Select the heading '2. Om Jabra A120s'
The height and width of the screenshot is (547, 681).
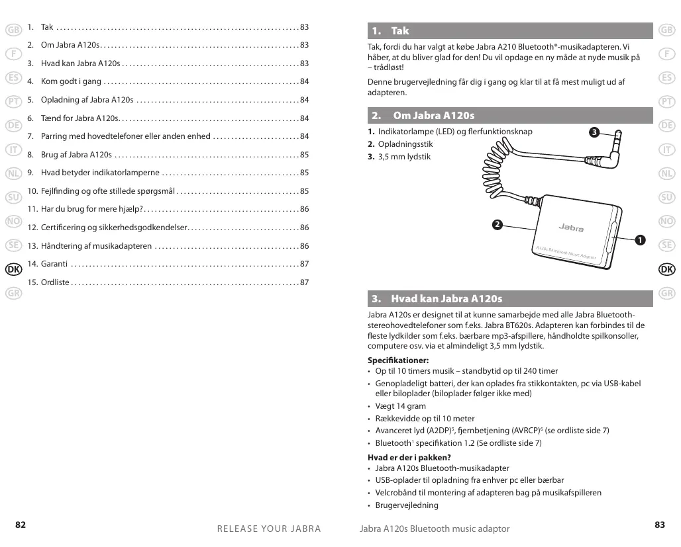click(433, 116)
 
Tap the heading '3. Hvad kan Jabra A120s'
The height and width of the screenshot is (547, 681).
click(446, 299)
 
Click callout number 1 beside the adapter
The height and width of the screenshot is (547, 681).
click(639, 239)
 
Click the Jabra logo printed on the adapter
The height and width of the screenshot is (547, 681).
click(570, 228)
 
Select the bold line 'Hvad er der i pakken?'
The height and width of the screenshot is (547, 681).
click(409, 458)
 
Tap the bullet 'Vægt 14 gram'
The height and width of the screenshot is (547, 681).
click(401, 406)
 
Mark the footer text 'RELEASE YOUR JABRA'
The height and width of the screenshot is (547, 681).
click(269, 528)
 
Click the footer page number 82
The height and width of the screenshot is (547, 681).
click(21, 525)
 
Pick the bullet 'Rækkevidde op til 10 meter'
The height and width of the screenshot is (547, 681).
click(425, 419)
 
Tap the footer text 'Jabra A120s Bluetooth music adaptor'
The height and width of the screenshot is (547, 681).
click(435, 528)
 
